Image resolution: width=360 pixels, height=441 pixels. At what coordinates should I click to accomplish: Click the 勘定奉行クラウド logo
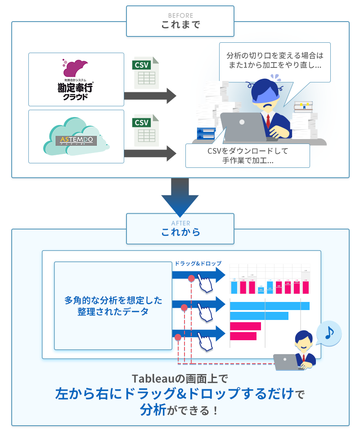pyautogui.click(x=76, y=79)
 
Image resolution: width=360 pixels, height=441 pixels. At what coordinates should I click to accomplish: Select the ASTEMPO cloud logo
pyautogui.click(x=76, y=137)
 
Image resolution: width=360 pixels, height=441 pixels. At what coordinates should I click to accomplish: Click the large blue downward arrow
pyautogui.click(x=180, y=196)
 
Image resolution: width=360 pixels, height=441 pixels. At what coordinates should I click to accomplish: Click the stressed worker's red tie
pyautogui.click(x=268, y=121)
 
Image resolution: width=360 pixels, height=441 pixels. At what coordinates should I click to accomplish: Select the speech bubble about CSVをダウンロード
pyautogui.click(x=247, y=155)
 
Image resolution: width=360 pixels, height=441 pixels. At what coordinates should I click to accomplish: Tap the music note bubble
pyautogui.click(x=329, y=333)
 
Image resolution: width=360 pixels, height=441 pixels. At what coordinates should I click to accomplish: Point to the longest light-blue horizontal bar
pyautogui.click(x=270, y=306)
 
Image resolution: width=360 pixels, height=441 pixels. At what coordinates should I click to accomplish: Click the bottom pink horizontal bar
pyautogui.click(x=243, y=336)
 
